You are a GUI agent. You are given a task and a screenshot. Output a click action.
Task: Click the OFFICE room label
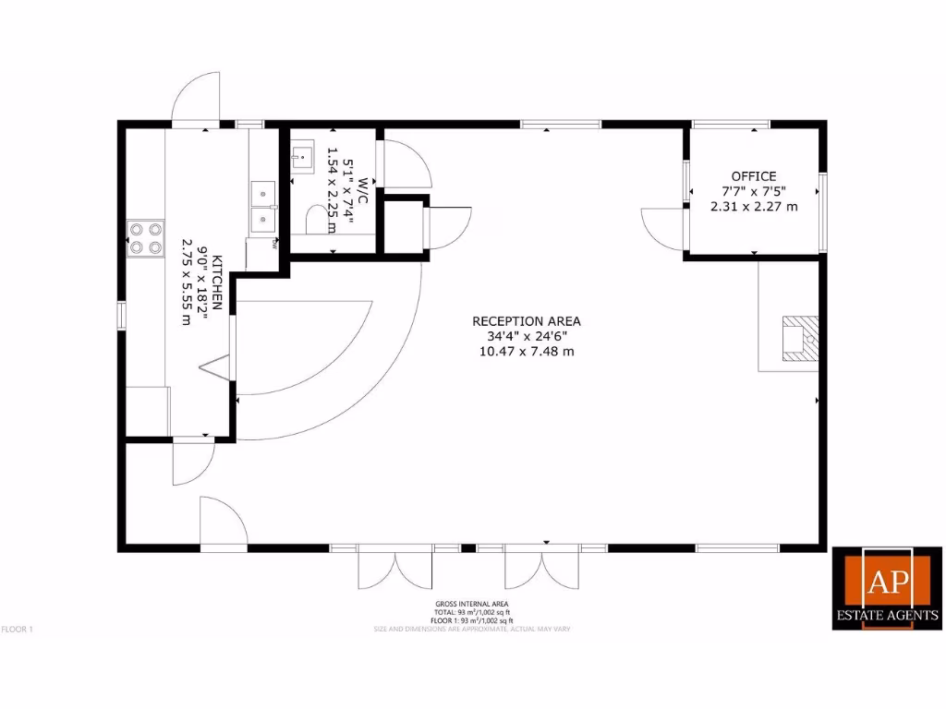754,175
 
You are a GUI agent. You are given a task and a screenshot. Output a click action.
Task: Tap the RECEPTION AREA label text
527,321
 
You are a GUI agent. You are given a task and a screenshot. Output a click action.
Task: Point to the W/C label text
363,185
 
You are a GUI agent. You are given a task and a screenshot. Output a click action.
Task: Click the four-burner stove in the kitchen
145,237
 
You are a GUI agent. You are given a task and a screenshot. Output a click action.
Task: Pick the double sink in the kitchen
263,205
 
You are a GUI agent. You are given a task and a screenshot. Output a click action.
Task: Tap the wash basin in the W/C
302,156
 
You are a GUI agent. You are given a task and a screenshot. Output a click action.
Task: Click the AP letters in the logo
887,581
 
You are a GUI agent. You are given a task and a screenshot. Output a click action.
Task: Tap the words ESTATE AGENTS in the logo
888,615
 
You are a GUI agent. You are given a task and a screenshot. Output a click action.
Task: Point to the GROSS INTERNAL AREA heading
472,604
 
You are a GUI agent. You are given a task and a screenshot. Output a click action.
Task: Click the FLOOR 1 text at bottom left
18,630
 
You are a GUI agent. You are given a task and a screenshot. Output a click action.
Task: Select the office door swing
662,227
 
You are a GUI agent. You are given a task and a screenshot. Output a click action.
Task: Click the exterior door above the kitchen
195,99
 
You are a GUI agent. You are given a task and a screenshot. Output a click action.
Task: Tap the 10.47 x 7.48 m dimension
527,351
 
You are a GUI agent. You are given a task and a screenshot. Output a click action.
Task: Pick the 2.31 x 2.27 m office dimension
754,207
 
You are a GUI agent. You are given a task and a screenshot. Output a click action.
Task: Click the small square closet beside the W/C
405,225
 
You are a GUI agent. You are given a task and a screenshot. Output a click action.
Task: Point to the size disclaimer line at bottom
472,630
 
